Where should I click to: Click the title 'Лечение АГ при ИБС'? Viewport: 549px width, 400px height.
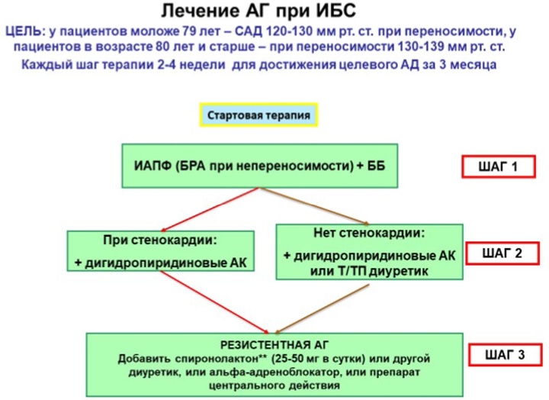point(258,11)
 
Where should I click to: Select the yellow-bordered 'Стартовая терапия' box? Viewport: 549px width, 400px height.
point(258,115)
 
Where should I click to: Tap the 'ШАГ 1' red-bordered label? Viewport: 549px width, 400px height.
point(498,166)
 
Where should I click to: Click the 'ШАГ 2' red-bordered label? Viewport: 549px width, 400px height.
point(502,253)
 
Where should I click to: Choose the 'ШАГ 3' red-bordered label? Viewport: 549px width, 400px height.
point(505,355)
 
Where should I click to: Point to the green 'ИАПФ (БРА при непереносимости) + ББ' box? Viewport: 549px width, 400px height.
point(260,166)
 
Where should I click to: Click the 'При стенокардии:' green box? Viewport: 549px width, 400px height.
point(161,250)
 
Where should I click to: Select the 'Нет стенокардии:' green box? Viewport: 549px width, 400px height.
point(369,252)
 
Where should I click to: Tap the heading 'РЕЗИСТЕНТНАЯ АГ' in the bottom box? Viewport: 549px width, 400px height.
point(274,345)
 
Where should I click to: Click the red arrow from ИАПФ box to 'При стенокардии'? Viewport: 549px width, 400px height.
point(210,209)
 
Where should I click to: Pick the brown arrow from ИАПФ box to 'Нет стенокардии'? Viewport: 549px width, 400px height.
point(314,206)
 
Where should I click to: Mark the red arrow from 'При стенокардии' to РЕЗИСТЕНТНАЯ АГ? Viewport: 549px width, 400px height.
point(214,302)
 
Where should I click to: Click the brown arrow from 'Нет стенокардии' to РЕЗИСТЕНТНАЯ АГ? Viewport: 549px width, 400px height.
point(322,308)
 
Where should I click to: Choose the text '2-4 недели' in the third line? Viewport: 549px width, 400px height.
point(191,65)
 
